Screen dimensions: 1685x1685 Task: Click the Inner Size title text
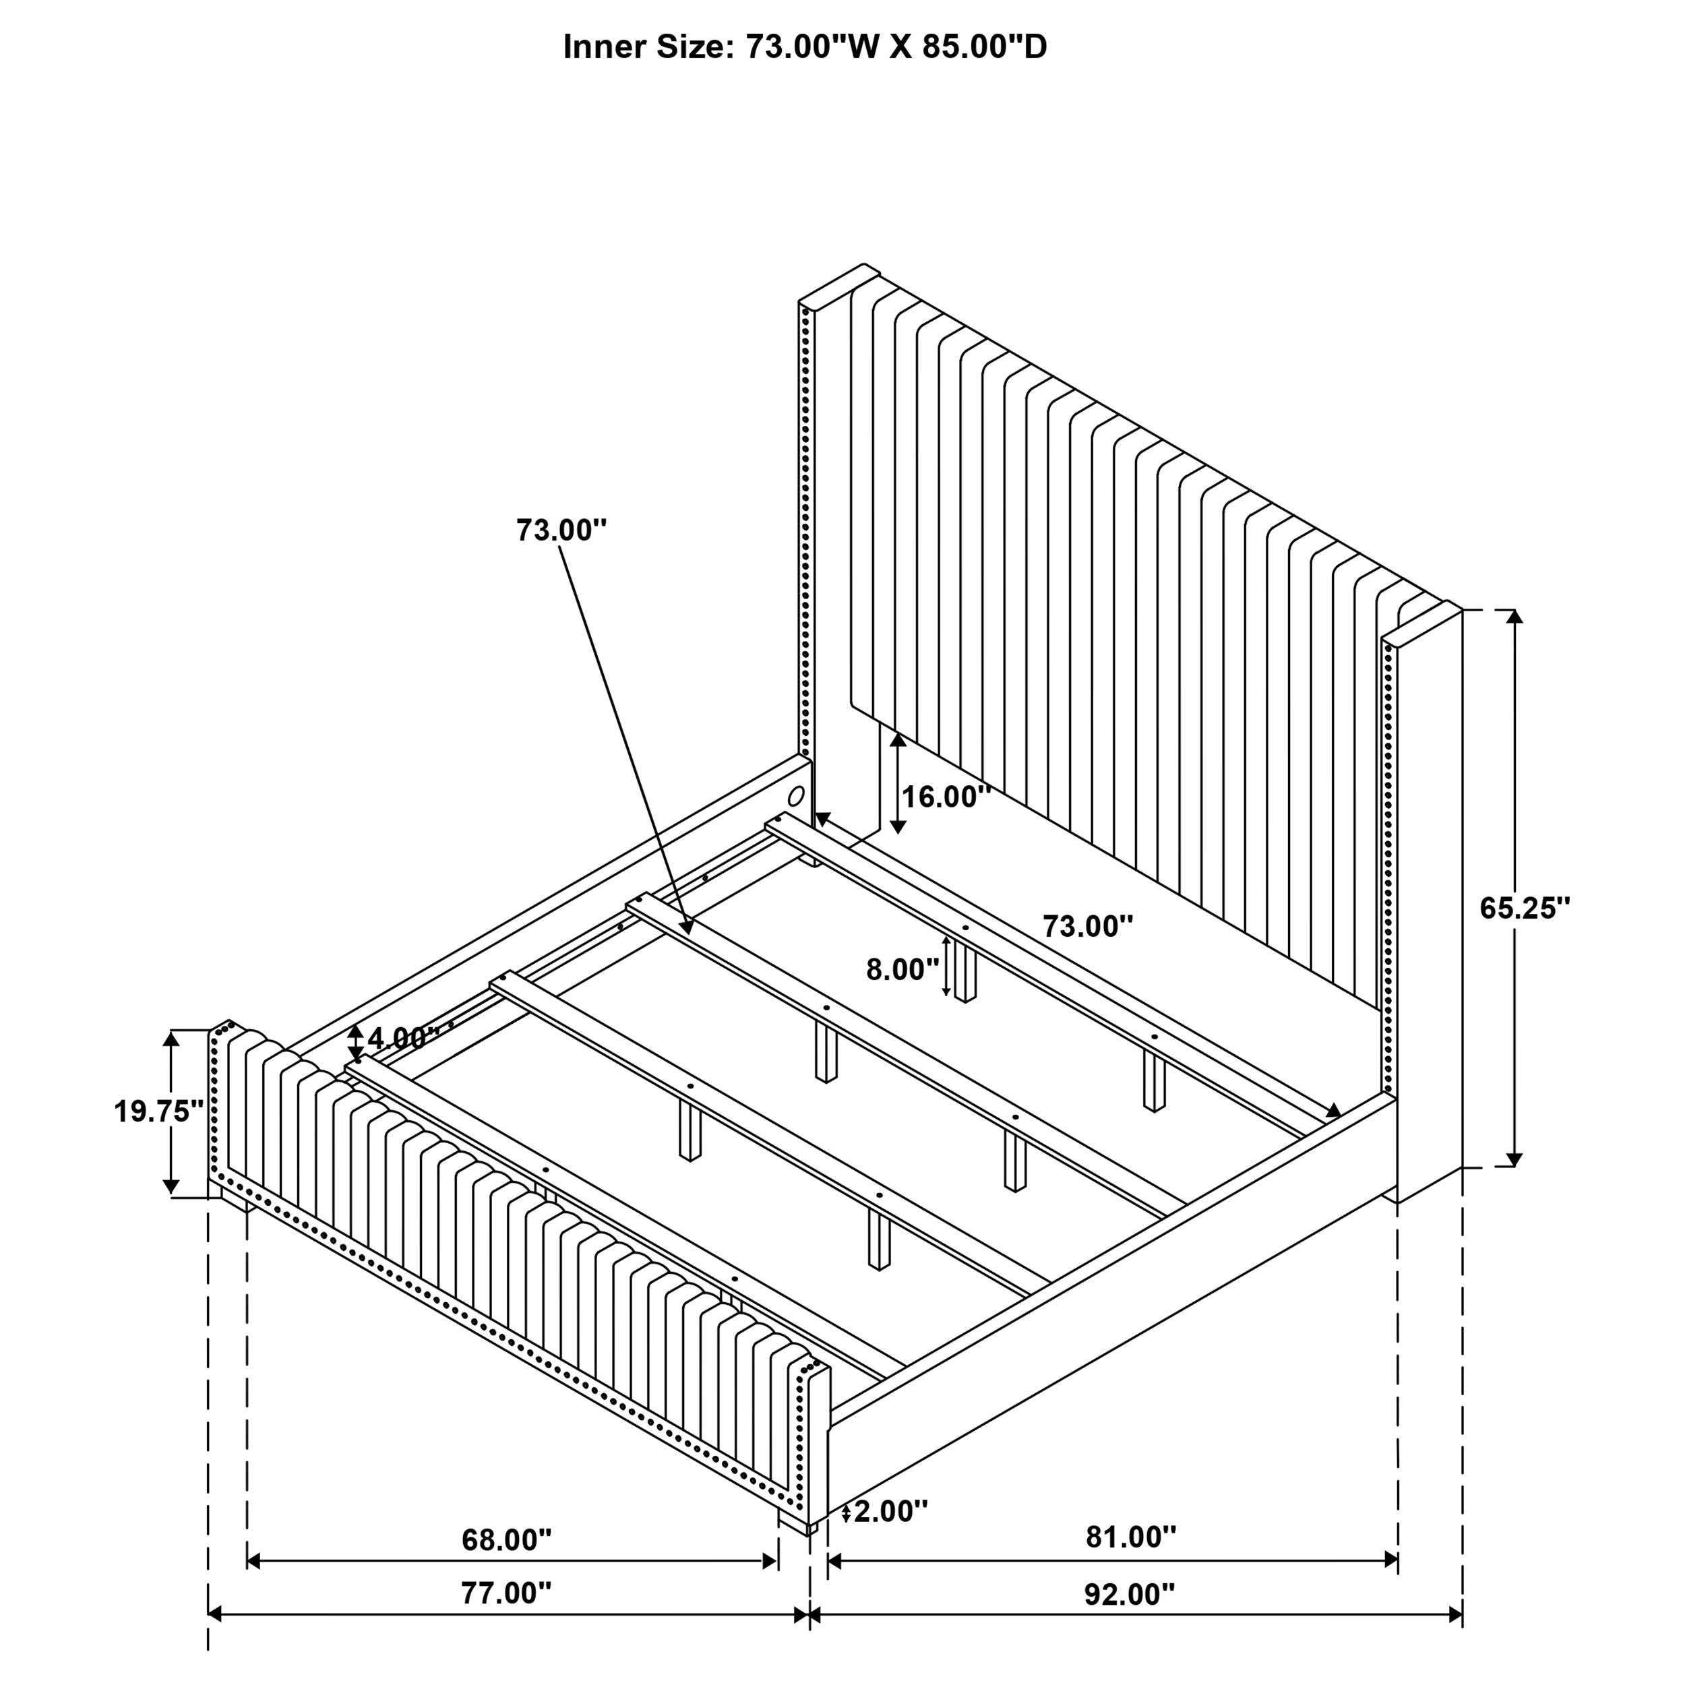point(804,47)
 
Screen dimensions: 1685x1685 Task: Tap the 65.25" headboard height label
point(1524,908)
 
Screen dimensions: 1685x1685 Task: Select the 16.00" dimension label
point(946,796)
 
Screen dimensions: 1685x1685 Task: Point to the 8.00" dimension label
point(902,969)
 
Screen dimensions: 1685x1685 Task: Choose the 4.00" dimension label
point(402,1037)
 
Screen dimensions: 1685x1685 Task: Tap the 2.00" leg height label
point(890,1510)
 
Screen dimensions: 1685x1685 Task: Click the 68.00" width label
point(507,1539)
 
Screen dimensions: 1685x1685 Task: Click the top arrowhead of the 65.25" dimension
point(1515,617)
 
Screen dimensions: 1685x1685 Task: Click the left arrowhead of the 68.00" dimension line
point(255,1561)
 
